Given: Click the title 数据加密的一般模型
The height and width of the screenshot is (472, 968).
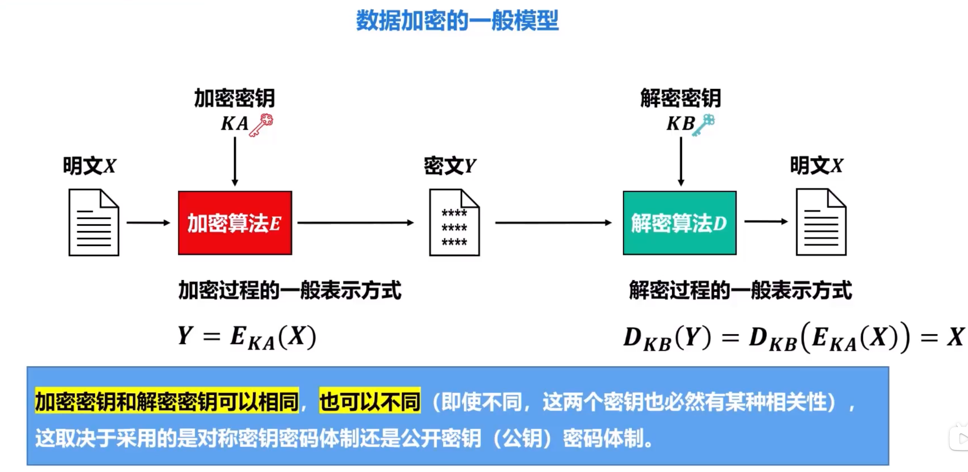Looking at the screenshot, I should tap(457, 21).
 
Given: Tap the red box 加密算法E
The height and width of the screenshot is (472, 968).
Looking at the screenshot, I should tap(235, 223).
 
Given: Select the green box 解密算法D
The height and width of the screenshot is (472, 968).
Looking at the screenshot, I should tap(679, 223).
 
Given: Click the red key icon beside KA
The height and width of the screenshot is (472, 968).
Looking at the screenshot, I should tap(261, 125).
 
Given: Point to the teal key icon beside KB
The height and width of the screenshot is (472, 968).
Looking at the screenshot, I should tap(704, 125).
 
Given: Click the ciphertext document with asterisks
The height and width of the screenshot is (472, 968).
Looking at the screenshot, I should tap(454, 222).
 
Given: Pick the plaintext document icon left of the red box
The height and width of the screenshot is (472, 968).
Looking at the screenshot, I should tap(93, 222).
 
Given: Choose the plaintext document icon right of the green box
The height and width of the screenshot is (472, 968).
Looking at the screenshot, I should tap(821, 222).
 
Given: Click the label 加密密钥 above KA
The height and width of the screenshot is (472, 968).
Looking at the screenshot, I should tap(234, 98).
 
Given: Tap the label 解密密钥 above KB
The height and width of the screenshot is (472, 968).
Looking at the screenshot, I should tap(680, 98).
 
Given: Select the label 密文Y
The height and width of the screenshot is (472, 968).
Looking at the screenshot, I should tap(450, 166).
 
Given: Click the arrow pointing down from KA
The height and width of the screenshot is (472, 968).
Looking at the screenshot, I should tap(235, 162).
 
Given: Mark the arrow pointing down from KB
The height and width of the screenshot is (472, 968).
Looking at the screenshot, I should tap(681, 162).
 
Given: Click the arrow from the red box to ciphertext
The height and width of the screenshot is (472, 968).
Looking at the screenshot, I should tap(355, 222).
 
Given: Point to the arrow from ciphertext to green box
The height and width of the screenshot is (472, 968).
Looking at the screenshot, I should tap(553, 222).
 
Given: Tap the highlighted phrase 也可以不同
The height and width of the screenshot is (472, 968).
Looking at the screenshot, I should tap(370, 401).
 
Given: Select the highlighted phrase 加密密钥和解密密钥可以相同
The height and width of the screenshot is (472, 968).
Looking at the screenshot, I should tap(167, 401).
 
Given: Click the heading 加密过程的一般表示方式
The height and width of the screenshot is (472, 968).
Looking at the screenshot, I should tap(290, 291).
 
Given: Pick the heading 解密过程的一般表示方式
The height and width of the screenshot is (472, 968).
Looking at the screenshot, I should tap(740, 291).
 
